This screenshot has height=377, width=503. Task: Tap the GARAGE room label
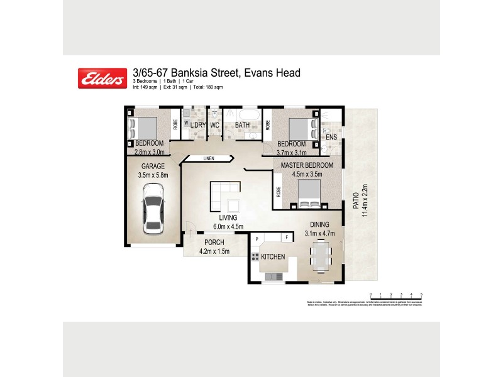153,167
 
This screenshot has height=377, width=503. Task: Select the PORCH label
214,243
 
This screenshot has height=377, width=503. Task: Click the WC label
214,126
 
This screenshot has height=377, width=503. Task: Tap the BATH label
243,126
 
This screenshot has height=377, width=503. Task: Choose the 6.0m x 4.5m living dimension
228,227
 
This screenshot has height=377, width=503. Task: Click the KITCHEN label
274,257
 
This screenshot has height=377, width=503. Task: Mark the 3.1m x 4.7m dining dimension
319,233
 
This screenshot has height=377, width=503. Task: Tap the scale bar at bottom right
395,294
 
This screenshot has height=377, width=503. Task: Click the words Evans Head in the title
272,73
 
